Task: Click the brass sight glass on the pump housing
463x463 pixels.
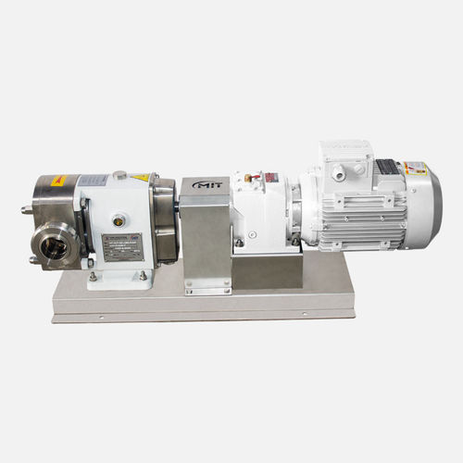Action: click(x=119, y=220)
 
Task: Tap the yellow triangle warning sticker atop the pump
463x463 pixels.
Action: click(x=140, y=177)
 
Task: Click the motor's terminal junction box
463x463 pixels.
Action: click(x=344, y=165)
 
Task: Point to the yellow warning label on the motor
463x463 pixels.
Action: click(x=416, y=169)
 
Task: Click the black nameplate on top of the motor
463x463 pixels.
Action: click(x=386, y=167)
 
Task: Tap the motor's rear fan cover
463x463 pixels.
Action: click(x=427, y=208)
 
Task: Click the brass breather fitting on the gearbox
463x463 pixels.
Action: click(x=247, y=177)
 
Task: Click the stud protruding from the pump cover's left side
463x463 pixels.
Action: click(x=25, y=210)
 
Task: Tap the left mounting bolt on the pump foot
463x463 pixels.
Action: click(x=93, y=275)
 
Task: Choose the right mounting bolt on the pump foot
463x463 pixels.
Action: click(x=142, y=274)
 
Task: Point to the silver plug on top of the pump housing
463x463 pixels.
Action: click(x=119, y=174)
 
